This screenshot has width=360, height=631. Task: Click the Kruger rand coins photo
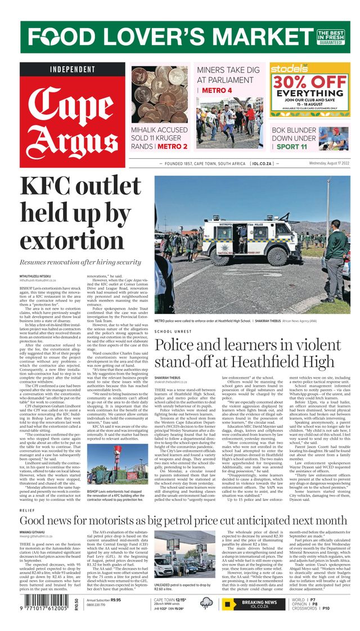[160, 95]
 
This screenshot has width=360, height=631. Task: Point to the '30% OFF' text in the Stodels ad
[309, 82]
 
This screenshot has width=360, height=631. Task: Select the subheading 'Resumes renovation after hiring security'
[81, 262]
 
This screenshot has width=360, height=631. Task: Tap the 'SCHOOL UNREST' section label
[172, 332]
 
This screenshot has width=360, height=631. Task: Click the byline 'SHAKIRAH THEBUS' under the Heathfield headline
[169, 378]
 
